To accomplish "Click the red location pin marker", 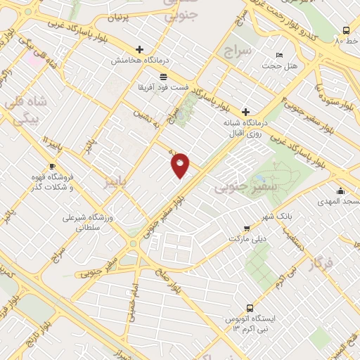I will pos(181,165).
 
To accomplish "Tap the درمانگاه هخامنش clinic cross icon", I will pos(139,50).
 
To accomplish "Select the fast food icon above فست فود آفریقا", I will pos(163,76).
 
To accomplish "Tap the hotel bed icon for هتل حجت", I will pos(280,55).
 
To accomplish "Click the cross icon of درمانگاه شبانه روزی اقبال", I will pos(245,111).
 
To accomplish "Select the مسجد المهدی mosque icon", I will pos(341,191).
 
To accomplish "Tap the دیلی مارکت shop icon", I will pos(246,228).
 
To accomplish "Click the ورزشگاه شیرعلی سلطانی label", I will pos(87,222).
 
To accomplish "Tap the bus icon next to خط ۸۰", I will pos(346,30).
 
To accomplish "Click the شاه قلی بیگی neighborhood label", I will pos(28,110).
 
